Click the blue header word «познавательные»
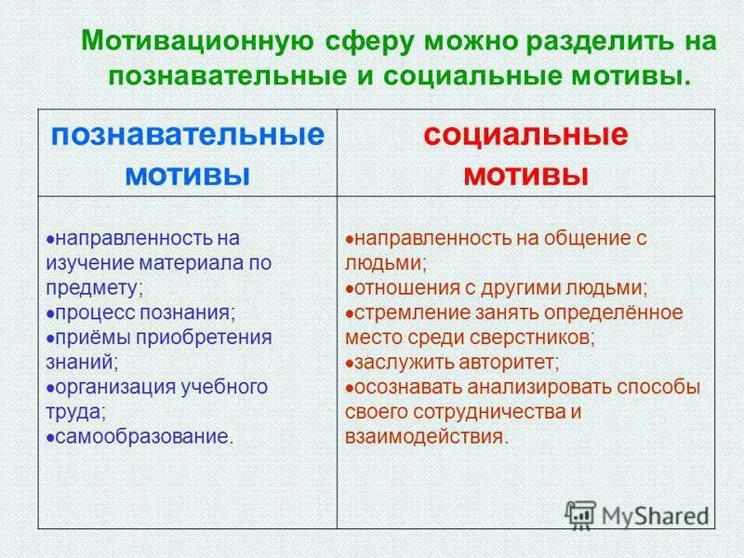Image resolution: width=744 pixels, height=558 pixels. [x=188, y=135]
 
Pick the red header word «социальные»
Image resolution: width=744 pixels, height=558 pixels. [x=526, y=135]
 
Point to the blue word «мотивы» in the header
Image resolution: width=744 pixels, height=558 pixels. [x=188, y=174]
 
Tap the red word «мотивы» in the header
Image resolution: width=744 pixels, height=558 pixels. [x=526, y=174]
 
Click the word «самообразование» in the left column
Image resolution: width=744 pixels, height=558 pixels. [x=140, y=435]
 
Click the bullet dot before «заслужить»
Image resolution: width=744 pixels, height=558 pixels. [x=348, y=362]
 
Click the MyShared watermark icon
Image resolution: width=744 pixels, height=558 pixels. [x=580, y=514]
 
